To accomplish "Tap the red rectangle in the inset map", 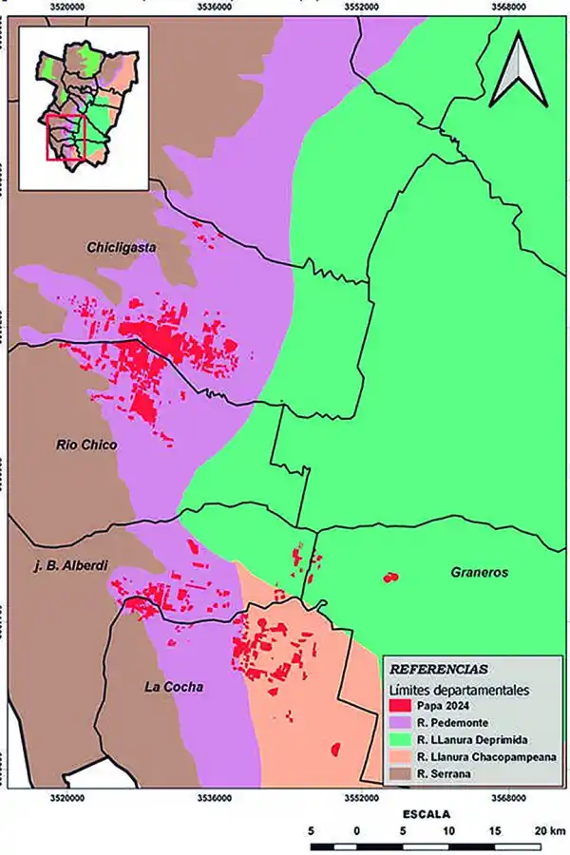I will (66, 139).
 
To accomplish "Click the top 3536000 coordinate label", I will (215, 7).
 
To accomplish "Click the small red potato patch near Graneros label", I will (389, 577).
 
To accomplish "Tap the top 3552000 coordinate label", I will (361, 7).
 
